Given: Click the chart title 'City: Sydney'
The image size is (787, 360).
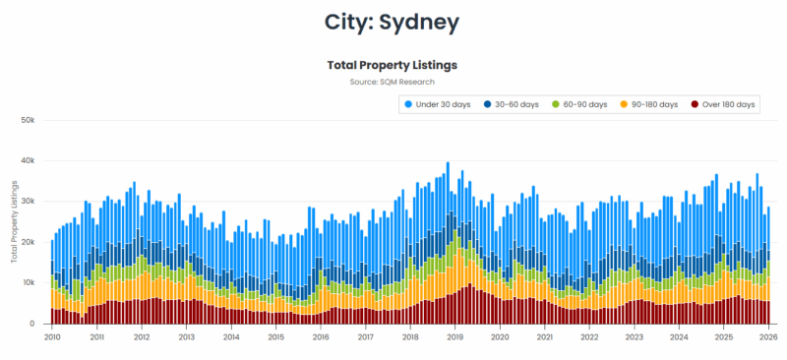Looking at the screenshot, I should [393, 20].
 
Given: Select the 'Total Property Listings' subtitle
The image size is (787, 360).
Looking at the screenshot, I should [393, 64].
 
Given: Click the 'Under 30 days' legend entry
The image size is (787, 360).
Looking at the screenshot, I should [442, 104].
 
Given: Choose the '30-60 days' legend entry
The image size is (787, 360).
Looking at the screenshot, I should [516, 104].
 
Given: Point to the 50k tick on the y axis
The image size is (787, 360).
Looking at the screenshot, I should [28, 120].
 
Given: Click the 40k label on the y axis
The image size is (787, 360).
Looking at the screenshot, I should [28, 160].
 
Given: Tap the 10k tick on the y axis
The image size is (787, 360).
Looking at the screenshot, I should [28, 282].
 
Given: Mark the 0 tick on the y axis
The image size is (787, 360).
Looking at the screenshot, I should [32, 324].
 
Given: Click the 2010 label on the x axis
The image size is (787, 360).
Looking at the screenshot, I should [52, 336].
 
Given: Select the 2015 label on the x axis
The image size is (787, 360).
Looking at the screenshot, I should [275, 336].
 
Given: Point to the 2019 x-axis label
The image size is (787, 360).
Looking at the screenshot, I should [454, 336].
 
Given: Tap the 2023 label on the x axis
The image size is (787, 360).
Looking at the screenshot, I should [634, 336].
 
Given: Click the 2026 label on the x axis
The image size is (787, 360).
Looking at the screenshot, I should [767, 336].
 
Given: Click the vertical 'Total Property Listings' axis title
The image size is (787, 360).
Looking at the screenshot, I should [14, 221].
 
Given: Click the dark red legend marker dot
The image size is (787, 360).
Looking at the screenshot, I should [695, 104].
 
